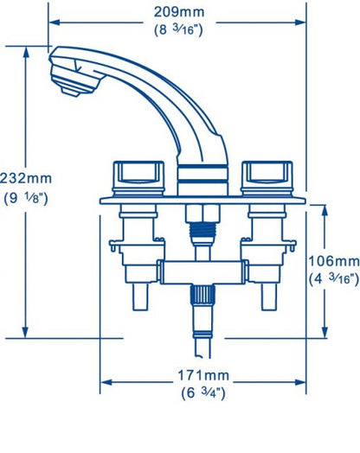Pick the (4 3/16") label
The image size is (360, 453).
coord(333,279)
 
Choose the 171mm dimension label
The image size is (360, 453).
coord(204,376)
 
